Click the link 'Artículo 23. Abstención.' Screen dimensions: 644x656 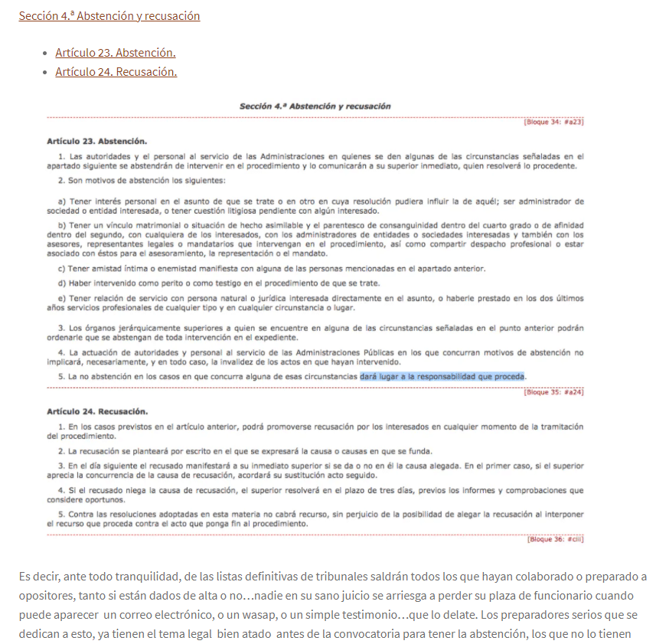pyautogui.click(x=116, y=53)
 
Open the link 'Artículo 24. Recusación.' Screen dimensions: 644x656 pyautogui.click(x=116, y=72)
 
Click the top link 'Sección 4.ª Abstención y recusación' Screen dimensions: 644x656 pyautogui.click(x=109, y=16)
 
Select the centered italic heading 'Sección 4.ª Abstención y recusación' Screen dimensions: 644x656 pyautogui.click(x=315, y=106)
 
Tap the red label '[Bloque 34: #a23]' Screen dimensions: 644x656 pyautogui.click(x=553, y=122)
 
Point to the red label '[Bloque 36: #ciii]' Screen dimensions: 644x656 pyautogui.click(x=555, y=539)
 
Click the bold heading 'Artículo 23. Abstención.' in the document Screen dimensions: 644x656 pyautogui.click(x=96, y=142)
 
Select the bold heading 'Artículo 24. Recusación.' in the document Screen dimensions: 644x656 pyautogui.click(x=97, y=411)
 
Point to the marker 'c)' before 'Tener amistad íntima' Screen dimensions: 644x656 pyautogui.click(x=62, y=269)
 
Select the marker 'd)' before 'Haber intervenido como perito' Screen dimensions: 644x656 pyautogui.click(x=62, y=283)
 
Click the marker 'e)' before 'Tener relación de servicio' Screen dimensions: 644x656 pyautogui.click(x=62, y=298)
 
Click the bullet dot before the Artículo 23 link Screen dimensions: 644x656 pyautogui.click(x=44, y=53)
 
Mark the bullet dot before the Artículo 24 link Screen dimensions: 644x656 pyautogui.click(x=44, y=72)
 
